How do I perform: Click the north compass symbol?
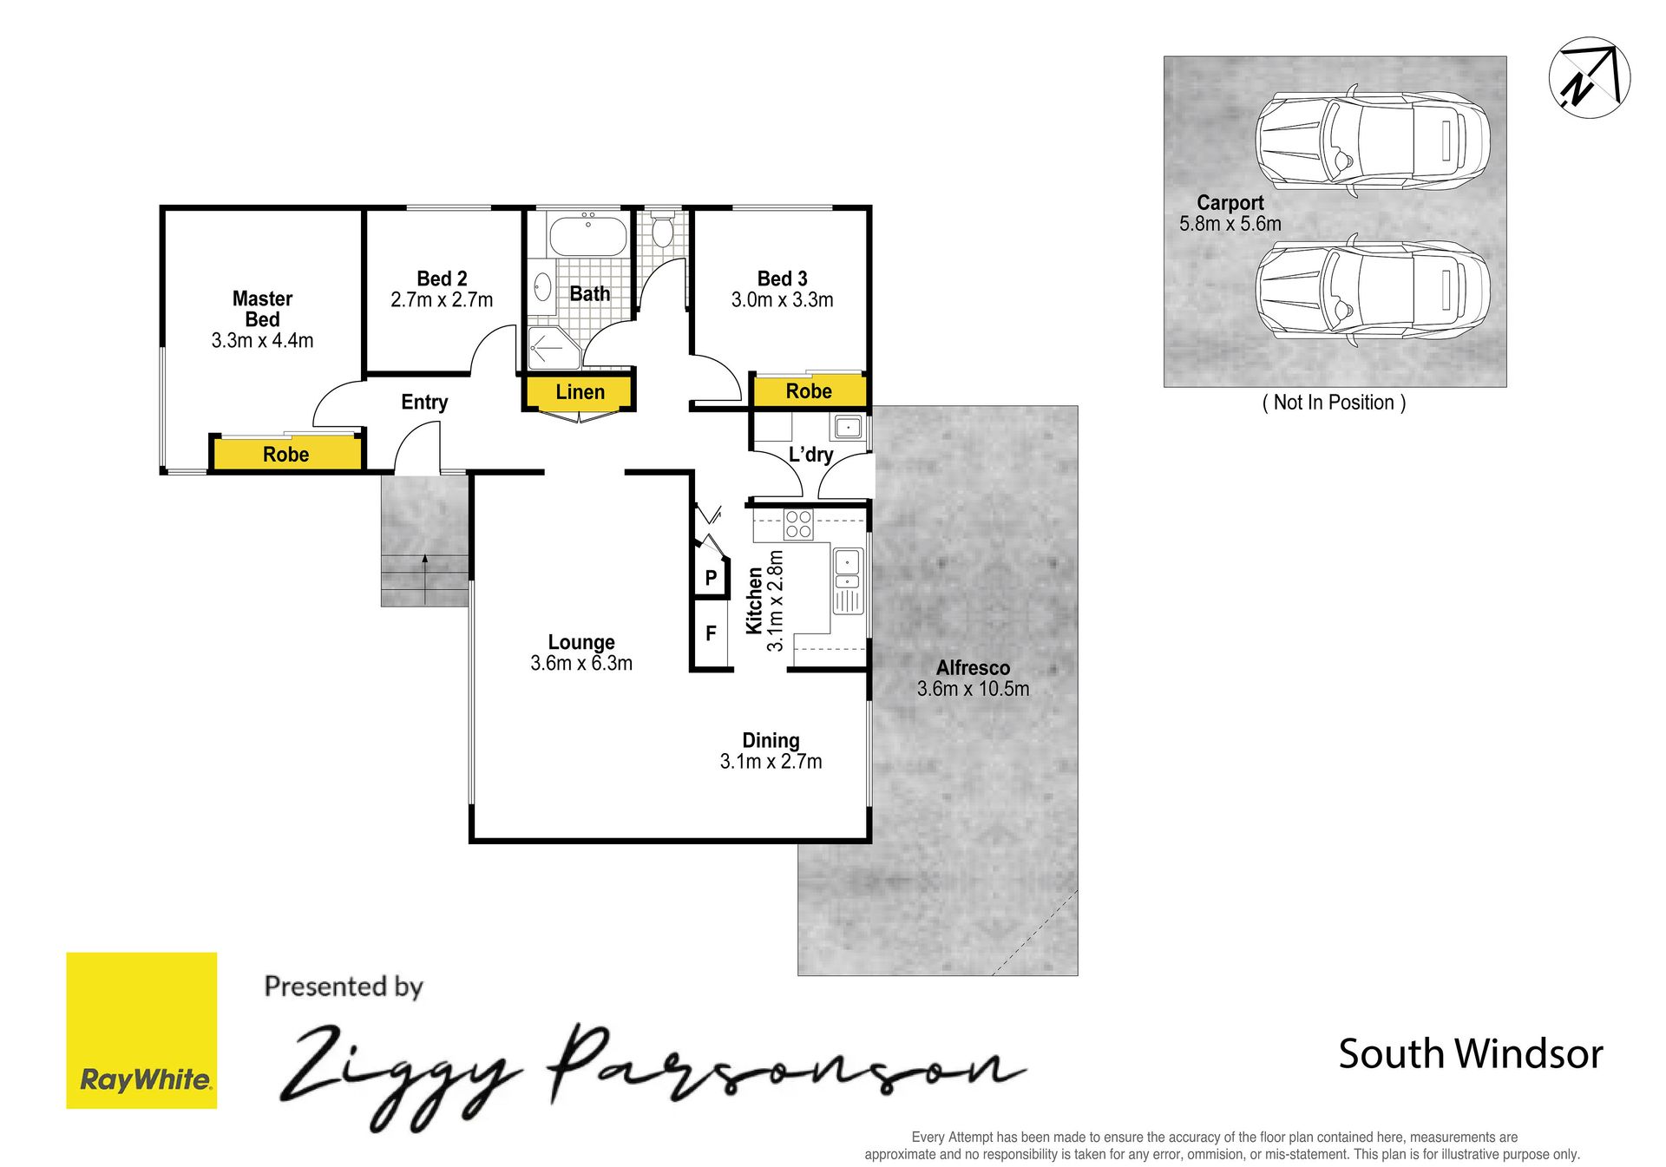pyautogui.click(x=1589, y=77)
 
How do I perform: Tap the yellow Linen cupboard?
pyautogui.click(x=579, y=392)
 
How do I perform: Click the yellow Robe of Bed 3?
pyautogui.click(x=809, y=390)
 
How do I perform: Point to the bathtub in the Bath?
pyautogui.click(x=587, y=234)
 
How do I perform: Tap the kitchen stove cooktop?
pyautogui.click(x=798, y=524)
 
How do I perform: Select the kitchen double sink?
pyautogui.click(x=847, y=580)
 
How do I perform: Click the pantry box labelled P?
pyautogui.click(x=711, y=577)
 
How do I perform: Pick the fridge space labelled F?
pyautogui.click(x=711, y=633)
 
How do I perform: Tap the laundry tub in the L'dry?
pyautogui.click(x=848, y=427)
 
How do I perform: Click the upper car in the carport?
pyautogui.click(x=1373, y=140)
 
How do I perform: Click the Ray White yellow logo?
pyautogui.click(x=141, y=1030)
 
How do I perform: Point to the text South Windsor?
pyautogui.click(x=1471, y=1054)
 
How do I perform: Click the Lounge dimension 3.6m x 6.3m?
pyautogui.click(x=581, y=664)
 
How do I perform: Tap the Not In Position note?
pyautogui.click(x=1334, y=403)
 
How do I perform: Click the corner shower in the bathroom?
pyautogui.click(x=554, y=348)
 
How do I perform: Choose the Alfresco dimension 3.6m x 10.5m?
pyautogui.click(x=973, y=689)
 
